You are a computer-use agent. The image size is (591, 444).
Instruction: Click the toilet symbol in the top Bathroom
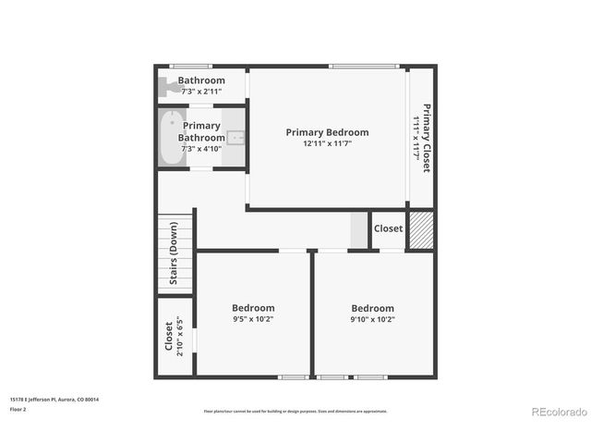166,87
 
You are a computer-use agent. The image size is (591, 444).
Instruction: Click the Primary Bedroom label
327,132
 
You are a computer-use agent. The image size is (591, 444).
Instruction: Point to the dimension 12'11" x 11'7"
327,143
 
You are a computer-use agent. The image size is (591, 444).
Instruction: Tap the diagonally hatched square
421,230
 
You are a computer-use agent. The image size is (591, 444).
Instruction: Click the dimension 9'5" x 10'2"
253,319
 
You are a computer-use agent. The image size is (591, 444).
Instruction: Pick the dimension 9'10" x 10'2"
372,319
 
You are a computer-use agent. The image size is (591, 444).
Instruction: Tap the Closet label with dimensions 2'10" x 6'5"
168,338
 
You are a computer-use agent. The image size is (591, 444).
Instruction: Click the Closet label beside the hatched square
388,228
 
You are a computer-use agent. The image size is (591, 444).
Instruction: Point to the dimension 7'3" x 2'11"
201,92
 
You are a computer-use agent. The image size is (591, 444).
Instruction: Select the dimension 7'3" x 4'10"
201,149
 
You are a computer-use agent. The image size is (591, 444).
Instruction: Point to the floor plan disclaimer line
295,411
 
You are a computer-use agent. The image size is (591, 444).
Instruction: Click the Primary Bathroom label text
201,131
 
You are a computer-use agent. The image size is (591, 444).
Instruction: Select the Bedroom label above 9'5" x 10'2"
253,308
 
